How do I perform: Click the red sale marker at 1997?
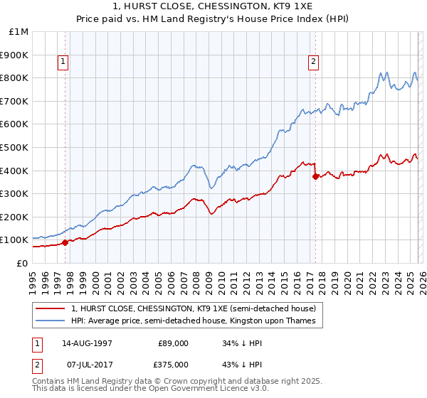(65, 242)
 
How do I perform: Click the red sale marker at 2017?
(315, 177)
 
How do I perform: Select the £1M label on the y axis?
(19, 31)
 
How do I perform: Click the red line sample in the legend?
(51, 308)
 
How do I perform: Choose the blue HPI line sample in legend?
(51, 321)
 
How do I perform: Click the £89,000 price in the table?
(173, 343)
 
